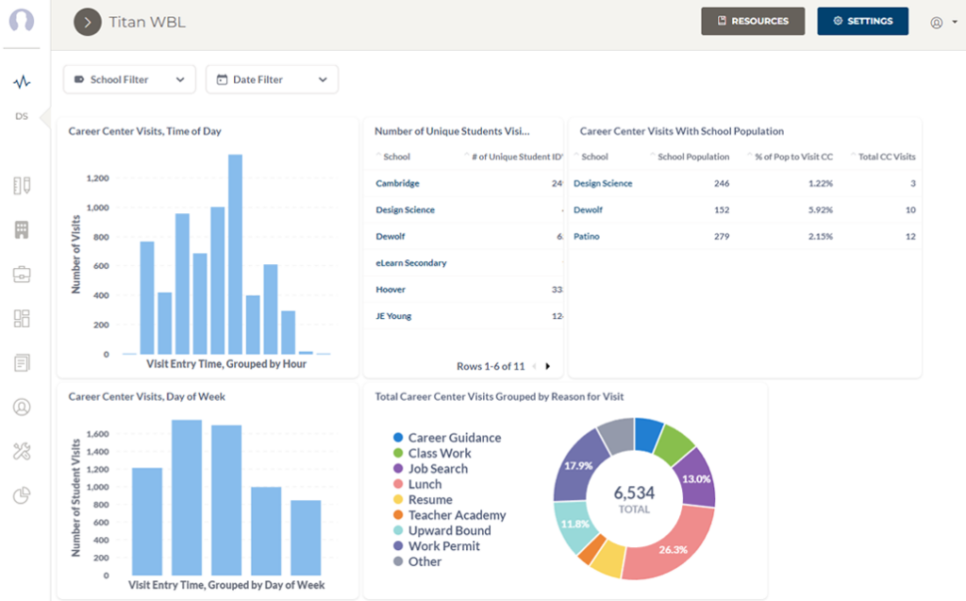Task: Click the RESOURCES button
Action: (x=752, y=21)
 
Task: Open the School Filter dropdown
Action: (x=129, y=79)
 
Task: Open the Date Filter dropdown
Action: (x=272, y=79)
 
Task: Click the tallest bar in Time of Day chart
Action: (x=235, y=254)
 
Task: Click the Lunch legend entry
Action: (x=425, y=484)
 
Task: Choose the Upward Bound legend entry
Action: (x=449, y=530)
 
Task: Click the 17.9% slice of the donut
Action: (x=577, y=466)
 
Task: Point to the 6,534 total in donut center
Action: (x=634, y=493)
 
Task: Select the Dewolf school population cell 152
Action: (x=721, y=209)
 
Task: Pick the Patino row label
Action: (x=586, y=236)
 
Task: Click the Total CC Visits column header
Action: (x=886, y=157)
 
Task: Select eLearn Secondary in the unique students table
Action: (x=410, y=263)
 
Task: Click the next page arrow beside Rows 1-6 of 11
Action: (x=548, y=366)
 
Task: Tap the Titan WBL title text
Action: (x=147, y=22)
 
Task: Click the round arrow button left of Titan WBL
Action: (x=88, y=22)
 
